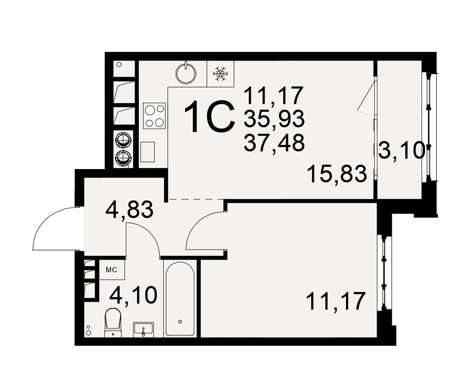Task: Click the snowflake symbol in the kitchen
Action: coord(220,74)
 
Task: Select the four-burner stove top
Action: coord(155,116)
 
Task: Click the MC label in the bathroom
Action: coord(111,270)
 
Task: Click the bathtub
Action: coord(180,299)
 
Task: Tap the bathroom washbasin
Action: coord(143,330)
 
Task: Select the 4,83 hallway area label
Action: coord(129,210)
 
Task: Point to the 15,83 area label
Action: coord(337,174)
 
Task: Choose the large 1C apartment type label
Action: coord(209,117)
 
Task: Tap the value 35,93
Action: coord(274,119)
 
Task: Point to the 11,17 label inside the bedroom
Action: coord(336,301)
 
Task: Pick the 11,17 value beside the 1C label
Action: coord(273,95)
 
